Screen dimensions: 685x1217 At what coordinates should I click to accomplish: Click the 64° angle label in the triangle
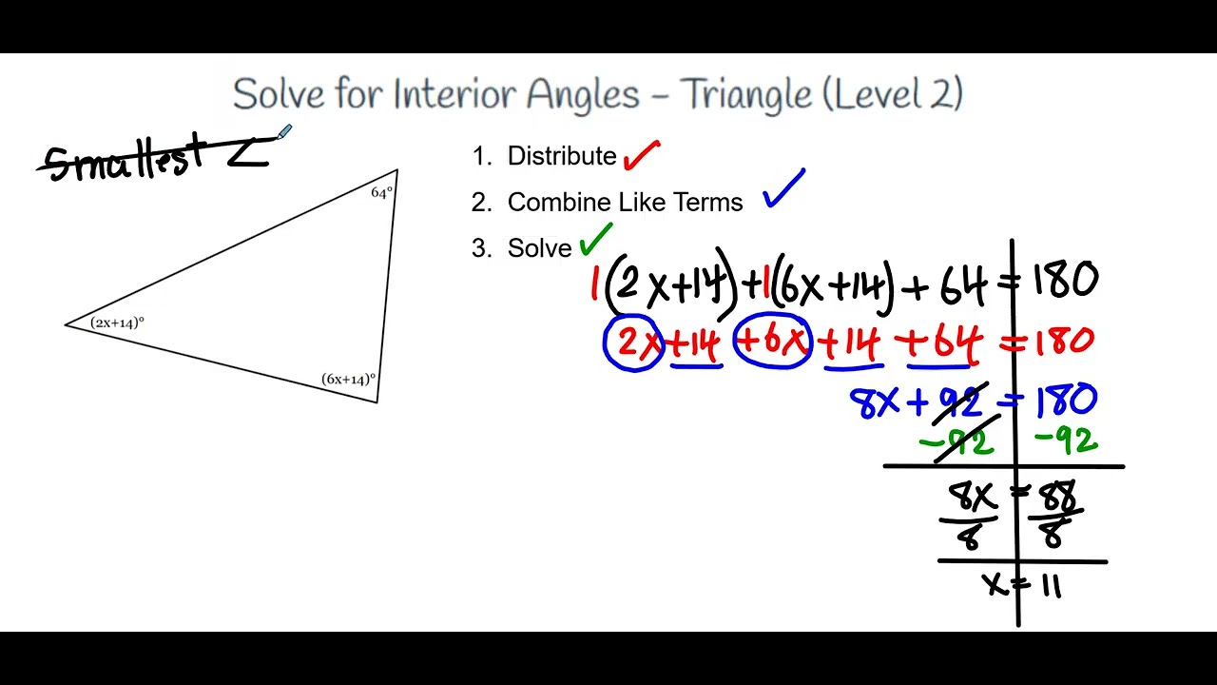[381, 193]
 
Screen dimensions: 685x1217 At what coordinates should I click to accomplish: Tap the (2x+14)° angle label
[117, 323]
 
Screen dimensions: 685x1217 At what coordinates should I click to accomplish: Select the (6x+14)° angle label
[348, 380]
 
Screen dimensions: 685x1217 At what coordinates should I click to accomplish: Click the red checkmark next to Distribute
[642, 154]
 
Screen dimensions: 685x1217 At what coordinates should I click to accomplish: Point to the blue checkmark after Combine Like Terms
[783, 189]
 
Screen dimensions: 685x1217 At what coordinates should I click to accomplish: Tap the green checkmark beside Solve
[596, 239]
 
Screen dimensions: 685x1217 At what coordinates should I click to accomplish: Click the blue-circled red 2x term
[633, 343]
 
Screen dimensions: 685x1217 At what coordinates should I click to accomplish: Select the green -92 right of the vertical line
[1065, 441]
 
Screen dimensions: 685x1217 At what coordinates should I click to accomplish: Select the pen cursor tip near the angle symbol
[280, 137]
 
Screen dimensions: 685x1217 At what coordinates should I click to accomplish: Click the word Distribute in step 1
[562, 156]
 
